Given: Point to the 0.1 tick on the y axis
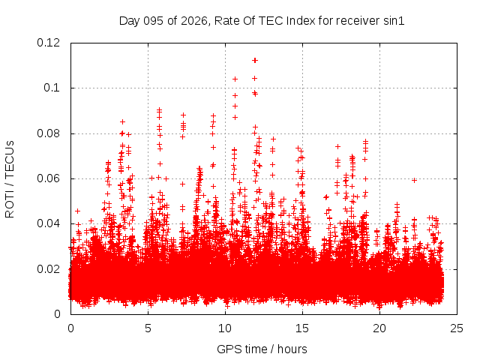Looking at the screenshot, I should pyautogui.click(x=54, y=88).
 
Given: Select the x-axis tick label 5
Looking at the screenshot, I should pyautogui.click(x=148, y=328).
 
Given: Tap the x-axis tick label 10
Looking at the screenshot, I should pyautogui.click(x=225, y=328).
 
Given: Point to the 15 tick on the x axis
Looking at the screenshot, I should pyautogui.click(x=302, y=328).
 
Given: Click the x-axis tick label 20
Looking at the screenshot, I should pyautogui.click(x=379, y=328).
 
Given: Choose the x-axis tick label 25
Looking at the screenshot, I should pyautogui.click(x=457, y=328).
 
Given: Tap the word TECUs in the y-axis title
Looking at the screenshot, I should pyautogui.click(x=10, y=157).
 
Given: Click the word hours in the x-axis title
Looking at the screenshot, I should pyautogui.click(x=291, y=349).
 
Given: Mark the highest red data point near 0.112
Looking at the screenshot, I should pyautogui.click(x=255, y=60).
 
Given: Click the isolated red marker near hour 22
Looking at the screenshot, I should pyautogui.click(x=414, y=180).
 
